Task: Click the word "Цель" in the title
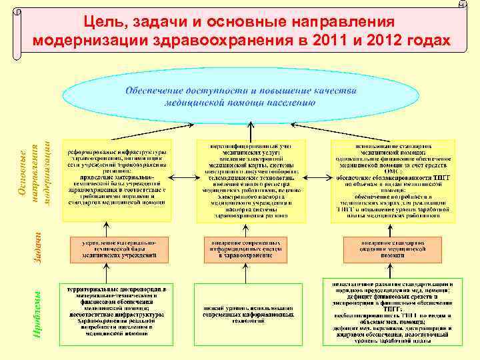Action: (102, 23)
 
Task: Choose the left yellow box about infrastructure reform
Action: (117, 180)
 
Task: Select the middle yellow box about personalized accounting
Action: (250, 180)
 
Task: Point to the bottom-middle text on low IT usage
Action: (248, 313)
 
